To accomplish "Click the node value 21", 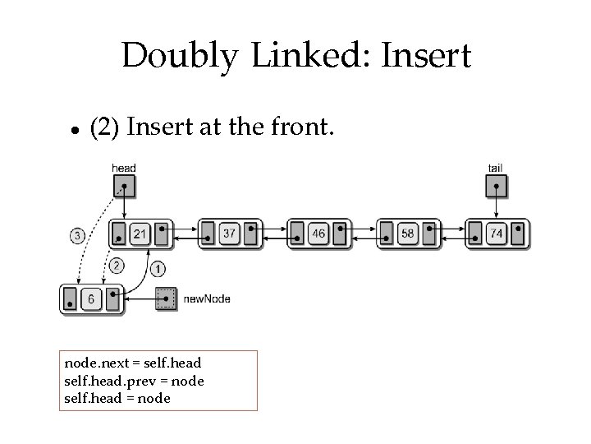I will click(x=140, y=234).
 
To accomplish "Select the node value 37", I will click(x=229, y=234).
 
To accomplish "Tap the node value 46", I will click(x=318, y=234).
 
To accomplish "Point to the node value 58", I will click(x=408, y=234).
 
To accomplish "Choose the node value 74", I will click(x=497, y=234).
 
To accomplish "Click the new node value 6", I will click(x=90, y=299).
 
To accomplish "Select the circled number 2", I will click(x=117, y=265).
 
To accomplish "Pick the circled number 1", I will click(x=158, y=268).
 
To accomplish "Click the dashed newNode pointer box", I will click(x=167, y=298).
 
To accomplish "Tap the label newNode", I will click(x=206, y=298).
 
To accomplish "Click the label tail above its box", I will click(x=495, y=168).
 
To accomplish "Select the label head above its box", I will click(x=123, y=168).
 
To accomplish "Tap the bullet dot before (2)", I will click(x=74, y=130).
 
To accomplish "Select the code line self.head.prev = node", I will click(x=134, y=381).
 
